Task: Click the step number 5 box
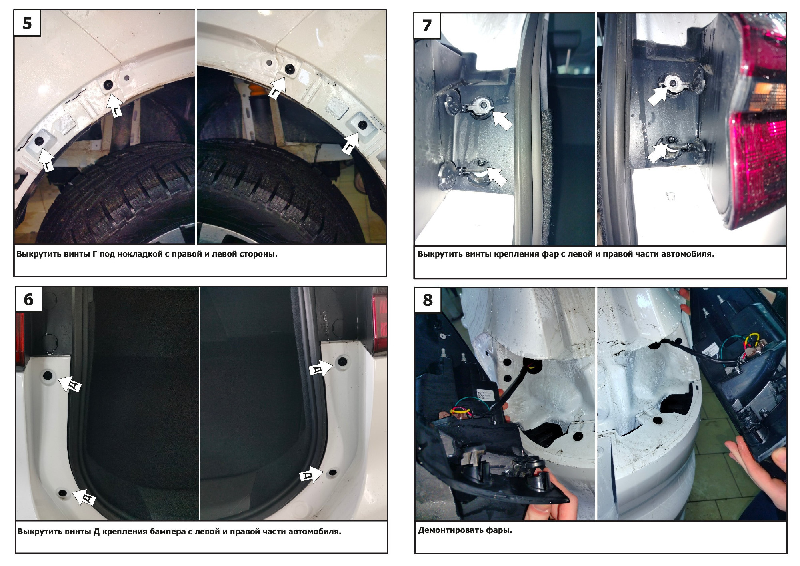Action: [x=27, y=23]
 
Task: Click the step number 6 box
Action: [x=29, y=299]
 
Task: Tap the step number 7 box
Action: [x=428, y=26]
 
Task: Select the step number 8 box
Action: [x=428, y=300]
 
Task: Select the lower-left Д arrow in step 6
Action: [x=84, y=497]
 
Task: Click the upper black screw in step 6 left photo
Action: [x=47, y=375]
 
